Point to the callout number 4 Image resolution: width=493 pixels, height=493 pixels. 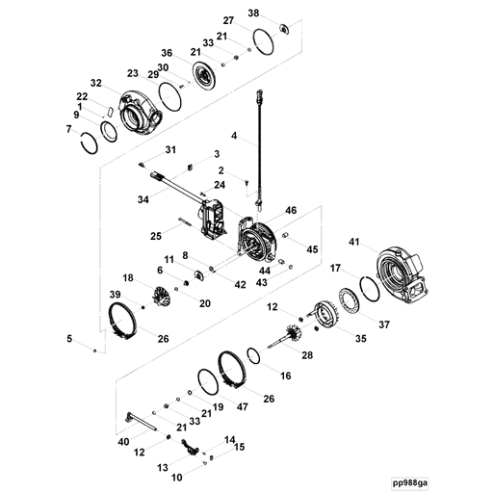[232, 137]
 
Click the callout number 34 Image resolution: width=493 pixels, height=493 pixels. [143, 200]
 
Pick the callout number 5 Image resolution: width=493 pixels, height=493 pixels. [68, 338]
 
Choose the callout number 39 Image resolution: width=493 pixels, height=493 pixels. [114, 295]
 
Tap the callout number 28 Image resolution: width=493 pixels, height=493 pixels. [308, 355]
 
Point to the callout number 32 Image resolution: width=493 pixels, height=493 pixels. [95, 83]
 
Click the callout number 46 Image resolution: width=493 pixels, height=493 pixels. [290, 209]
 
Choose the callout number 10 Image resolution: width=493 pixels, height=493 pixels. [176, 477]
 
